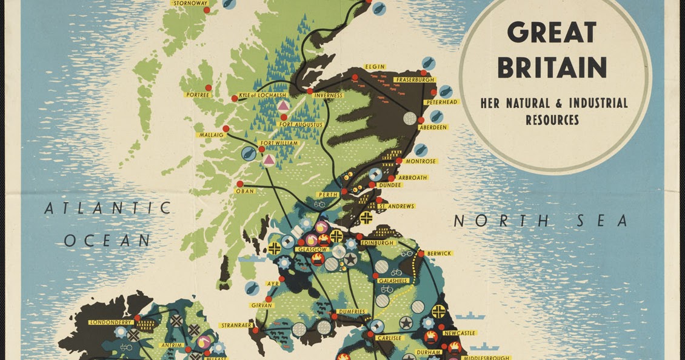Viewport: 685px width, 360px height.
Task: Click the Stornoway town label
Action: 190,3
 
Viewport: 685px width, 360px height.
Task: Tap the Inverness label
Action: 328,95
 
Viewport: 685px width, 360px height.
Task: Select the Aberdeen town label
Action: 432,127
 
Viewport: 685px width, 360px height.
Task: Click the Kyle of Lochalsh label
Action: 262,96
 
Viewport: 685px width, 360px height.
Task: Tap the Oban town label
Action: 245,191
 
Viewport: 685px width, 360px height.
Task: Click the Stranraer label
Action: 237,325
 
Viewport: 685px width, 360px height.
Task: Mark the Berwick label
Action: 439,253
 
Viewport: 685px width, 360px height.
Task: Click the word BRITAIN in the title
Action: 552,68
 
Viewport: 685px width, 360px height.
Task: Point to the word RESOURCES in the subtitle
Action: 552,120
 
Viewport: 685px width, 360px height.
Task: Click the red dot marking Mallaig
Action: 226,128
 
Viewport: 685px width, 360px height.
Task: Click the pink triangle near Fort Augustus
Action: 283,105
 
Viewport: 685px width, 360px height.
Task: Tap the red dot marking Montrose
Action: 399,161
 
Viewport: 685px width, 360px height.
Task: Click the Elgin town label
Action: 375,67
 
